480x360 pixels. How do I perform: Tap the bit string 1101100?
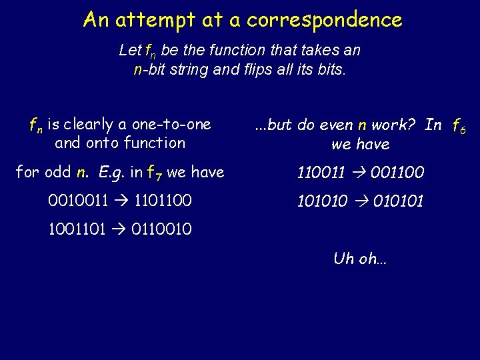point(163,201)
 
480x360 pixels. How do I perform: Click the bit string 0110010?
point(163,229)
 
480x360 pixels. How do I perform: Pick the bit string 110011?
point(321,173)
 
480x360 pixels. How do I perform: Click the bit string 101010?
point(321,201)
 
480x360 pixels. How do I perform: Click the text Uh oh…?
point(359,259)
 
